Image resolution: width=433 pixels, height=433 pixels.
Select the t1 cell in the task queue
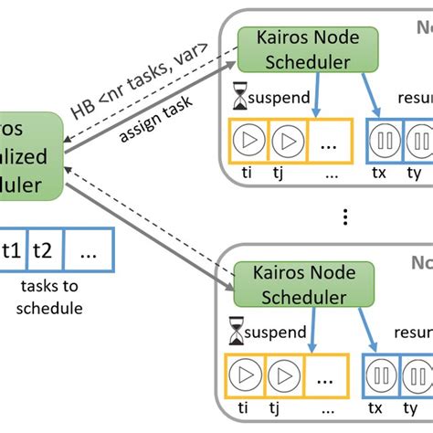point(12,251)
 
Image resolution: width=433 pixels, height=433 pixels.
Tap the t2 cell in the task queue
point(43,251)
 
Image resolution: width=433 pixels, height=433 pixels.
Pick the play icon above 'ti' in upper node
point(246,143)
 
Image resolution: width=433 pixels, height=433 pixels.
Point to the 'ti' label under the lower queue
point(242,407)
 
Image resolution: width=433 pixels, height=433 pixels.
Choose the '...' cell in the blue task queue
point(88,251)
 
